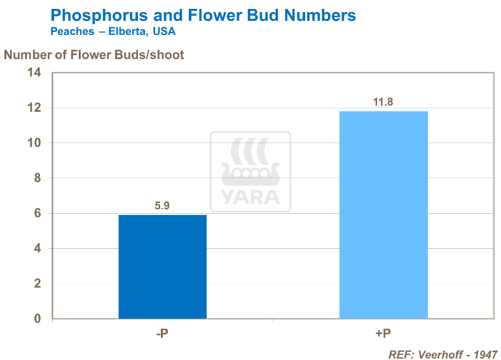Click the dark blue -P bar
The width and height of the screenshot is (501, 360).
(162, 267)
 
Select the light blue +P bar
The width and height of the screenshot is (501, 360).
(383, 215)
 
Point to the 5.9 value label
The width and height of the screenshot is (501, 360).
(162, 205)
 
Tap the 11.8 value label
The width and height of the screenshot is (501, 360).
(383, 102)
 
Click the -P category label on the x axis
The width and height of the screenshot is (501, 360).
(162, 333)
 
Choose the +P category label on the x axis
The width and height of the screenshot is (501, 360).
(383, 333)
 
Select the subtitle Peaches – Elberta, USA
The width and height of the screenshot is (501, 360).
(113, 31)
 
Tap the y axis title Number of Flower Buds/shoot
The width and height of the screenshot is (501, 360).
(94, 55)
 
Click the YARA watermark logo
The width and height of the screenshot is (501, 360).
(251, 171)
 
